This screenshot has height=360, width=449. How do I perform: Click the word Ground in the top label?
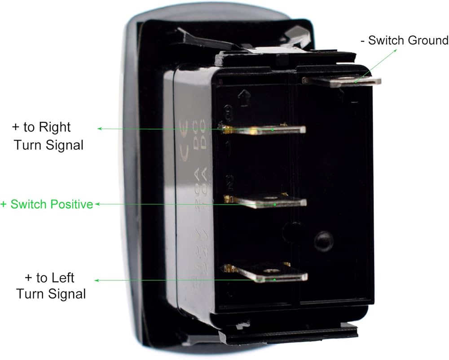(x=428, y=40)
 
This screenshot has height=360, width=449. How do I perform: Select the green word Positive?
(x=70, y=204)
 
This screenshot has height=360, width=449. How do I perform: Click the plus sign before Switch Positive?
(x=4, y=204)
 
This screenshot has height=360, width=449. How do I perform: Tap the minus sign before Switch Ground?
(x=363, y=41)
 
